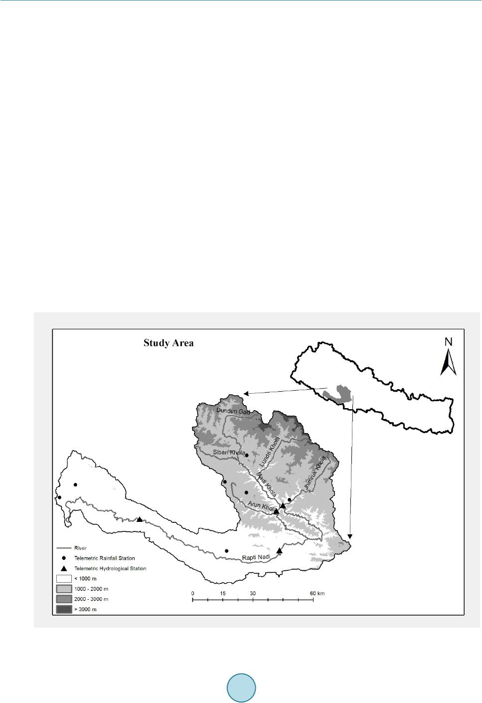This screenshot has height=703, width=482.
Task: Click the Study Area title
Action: (x=168, y=343)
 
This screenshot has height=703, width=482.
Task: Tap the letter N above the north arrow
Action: (x=449, y=342)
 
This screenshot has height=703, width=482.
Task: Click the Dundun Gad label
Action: (x=233, y=410)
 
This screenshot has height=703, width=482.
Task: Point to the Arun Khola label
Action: (x=260, y=508)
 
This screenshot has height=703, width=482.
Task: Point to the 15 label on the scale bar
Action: (x=223, y=593)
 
